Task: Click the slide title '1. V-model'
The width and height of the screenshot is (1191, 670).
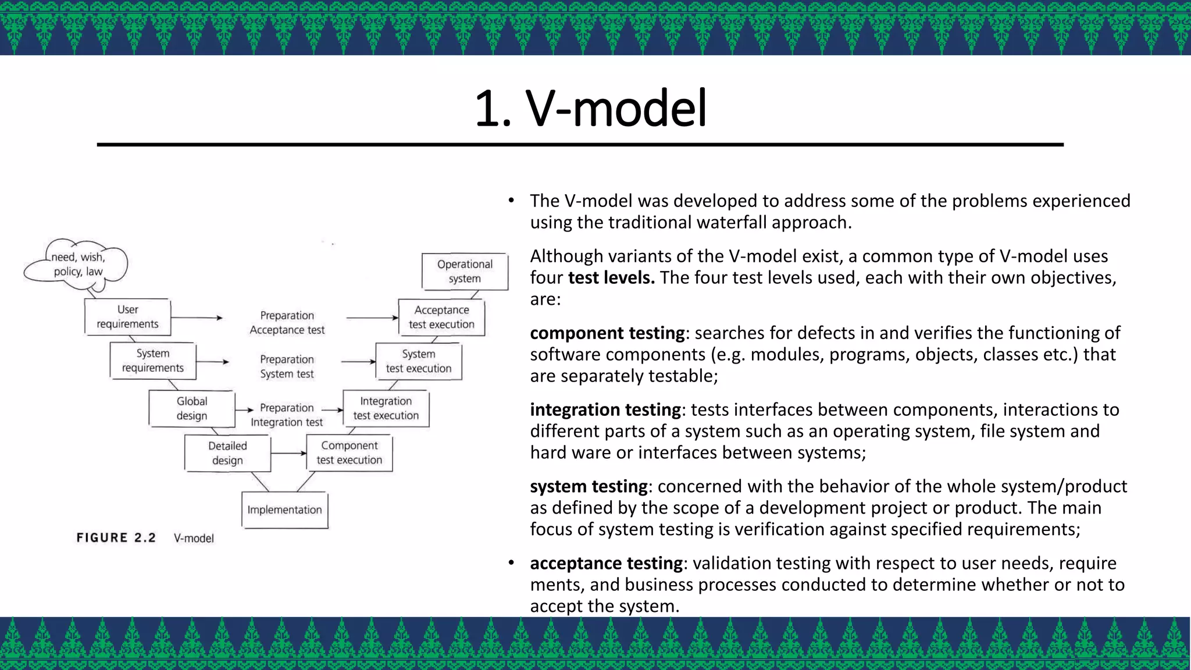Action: click(x=590, y=108)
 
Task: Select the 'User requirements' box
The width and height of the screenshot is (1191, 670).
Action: click(x=127, y=317)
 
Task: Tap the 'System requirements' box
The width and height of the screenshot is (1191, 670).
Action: click(x=152, y=361)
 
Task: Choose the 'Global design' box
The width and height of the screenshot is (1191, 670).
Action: click(x=192, y=408)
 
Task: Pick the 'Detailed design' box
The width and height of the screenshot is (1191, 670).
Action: click(x=227, y=453)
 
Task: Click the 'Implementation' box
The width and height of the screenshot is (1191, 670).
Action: click(x=284, y=510)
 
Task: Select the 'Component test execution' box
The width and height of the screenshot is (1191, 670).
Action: click(x=350, y=452)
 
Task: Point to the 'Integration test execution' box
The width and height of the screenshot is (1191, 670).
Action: click(x=386, y=408)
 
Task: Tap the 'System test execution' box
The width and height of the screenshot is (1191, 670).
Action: click(x=419, y=361)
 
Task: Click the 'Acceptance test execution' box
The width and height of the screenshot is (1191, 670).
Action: click(x=441, y=317)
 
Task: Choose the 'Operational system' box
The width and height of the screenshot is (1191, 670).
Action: click(x=465, y=271)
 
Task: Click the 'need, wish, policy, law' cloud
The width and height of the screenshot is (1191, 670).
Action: click(x=77, y=265)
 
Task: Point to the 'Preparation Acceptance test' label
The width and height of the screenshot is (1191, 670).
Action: click(x=287, y=323)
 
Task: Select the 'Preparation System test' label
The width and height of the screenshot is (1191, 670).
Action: click(x=287, y=366)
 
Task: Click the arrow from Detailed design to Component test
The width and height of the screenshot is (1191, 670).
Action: click(x=288, y=453)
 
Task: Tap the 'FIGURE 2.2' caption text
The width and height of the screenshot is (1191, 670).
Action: click(x=116, y=538)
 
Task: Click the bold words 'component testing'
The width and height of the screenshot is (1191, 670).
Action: click(x=607, y=333)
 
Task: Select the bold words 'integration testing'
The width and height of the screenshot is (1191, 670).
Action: click(x=605, y=409)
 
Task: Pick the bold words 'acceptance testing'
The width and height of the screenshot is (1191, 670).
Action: click(x=606, y=563)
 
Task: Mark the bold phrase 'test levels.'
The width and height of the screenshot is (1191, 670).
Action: click(x=611, y=277)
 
